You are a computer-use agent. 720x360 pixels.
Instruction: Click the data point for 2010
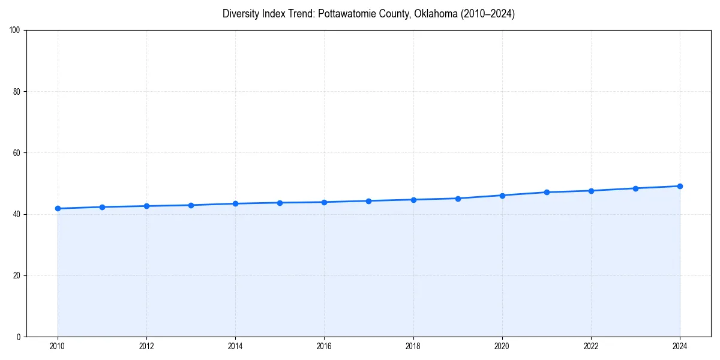(x=58, y=208)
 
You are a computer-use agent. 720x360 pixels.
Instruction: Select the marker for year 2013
(x=191, y=205)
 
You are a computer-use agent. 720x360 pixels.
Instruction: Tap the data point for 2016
(x=324, y=202)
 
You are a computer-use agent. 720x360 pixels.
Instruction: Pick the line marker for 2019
(x=458, y=198)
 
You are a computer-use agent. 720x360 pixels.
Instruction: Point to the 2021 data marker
(x=547, y=192)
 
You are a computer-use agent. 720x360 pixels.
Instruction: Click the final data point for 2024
(x=680, y=186)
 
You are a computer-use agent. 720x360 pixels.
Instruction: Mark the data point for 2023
(x=635, y=188)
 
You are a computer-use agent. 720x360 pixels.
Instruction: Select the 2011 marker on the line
(x=102, y=207)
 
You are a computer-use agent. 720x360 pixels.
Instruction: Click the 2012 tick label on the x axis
(x=146, y=346)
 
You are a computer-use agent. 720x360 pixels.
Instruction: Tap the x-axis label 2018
(x=413, y=346)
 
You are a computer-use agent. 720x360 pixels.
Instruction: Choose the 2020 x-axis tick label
(x=502, y=346)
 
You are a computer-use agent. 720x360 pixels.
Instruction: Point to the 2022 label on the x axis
(x=591, y=346)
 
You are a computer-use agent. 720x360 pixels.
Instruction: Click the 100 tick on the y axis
(x=15, y=31)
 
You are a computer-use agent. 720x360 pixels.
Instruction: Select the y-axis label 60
(x=17, y=153)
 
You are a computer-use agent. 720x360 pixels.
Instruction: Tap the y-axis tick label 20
(x=17, y=275)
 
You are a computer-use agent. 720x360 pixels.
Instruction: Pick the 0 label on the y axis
(x=19, y=337)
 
